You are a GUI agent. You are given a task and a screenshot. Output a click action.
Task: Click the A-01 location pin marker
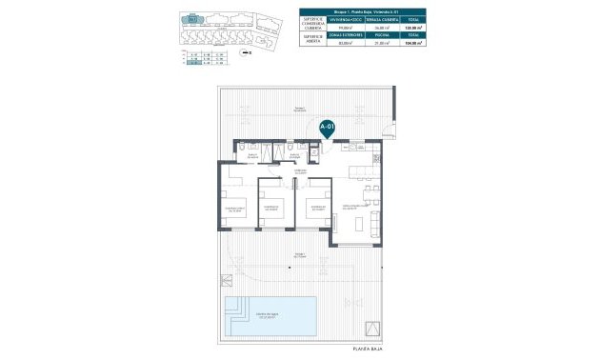pos(327,127)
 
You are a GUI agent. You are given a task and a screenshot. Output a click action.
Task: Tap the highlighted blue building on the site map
pos(194,18)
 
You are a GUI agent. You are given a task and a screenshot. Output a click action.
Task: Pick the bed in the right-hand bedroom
pos(312,211)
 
